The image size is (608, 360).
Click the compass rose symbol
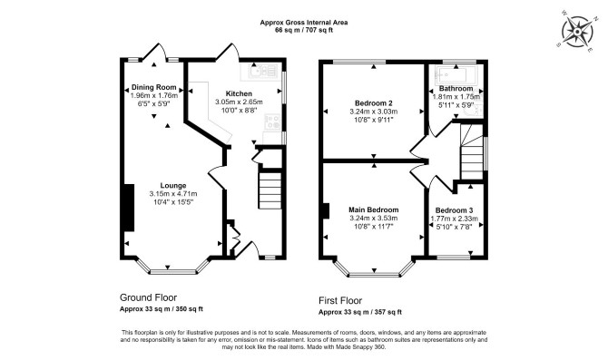coord(577,31)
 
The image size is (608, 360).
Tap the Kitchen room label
coord(239,93)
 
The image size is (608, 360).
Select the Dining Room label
coord(154,87)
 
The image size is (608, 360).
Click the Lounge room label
coord(173,186)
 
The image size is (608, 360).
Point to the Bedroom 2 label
coord(374,103)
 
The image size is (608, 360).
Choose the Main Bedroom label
coord(374,210)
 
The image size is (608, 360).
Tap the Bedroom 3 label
coord(455,210)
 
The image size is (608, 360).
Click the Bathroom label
coord(456,89)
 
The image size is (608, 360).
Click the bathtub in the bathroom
coord(456,74)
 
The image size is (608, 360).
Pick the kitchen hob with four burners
coord(272,122)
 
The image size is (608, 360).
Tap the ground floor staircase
coord(270,190)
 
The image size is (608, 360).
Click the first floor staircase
coord(472,152)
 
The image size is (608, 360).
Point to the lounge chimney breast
coord(129,208)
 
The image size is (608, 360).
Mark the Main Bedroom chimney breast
coord(326,211)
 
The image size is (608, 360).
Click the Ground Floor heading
coord(148,297)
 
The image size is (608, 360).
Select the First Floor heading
coord(340,300)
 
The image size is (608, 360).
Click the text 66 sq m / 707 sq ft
coord(304,30)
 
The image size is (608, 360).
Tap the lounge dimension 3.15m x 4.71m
coord(173,194)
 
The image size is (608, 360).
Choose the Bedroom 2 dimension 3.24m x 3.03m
coord(374,112)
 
